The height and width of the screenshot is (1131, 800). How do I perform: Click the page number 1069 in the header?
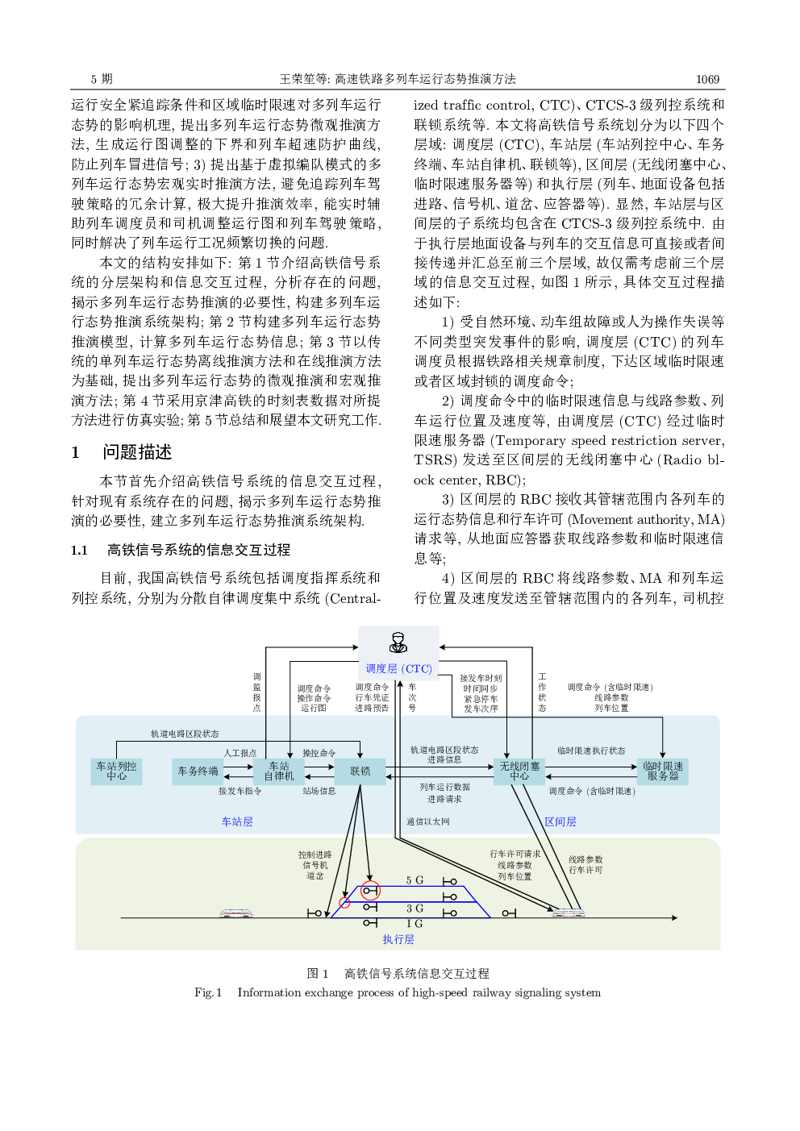click(x=707, y=79)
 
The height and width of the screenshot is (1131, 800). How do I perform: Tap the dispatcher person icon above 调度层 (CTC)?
click(x=398, y=642)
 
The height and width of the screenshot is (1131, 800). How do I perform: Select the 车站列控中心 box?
click(x=116, y=771)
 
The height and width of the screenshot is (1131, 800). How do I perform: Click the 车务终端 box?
click(x=198, y=771)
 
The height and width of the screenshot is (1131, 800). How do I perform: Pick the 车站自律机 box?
click(x=279, y=771)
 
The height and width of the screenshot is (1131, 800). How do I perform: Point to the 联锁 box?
click(x=360, y=771)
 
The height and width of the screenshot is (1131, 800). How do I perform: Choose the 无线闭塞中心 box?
click(x=519, y=771)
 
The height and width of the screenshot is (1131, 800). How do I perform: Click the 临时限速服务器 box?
click(x=662, y=771)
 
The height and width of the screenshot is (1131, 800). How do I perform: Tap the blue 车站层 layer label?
click(x=237, y=821)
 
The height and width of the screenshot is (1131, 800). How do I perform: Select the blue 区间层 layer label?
click(x=560, y=821)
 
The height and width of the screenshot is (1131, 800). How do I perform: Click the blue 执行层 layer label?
click(x=398, y=939)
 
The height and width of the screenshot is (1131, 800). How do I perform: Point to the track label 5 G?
click(x=415, y=880)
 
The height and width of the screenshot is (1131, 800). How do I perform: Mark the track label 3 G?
click(x=415, y=909)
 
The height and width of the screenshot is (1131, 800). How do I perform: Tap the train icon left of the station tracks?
click(x=235, y=913)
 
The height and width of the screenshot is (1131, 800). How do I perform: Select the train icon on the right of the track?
click(x=569, y=913)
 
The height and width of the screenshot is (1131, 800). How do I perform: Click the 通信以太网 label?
click(x=427, y=821)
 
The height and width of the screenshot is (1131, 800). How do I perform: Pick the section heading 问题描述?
click(x=137, y=452)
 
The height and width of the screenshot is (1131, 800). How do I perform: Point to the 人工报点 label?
click(x=240, y=753)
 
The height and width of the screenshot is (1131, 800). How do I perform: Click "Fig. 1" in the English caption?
click(x=208, y=992)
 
